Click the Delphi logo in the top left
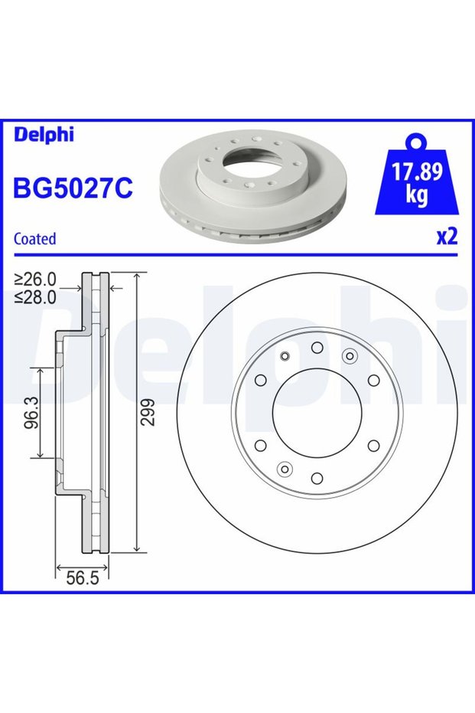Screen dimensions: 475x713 point(44,135)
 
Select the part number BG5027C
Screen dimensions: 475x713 point(73,188)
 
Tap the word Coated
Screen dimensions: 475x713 point(35,239)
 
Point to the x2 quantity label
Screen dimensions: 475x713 point(447,237)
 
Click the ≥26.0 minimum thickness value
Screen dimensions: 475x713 point(35,278)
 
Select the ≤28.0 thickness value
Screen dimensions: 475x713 point(35,296)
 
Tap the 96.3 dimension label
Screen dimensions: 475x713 point(31,413)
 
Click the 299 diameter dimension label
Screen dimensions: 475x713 point(148,413)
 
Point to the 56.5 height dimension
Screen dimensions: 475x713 point(82,578)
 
